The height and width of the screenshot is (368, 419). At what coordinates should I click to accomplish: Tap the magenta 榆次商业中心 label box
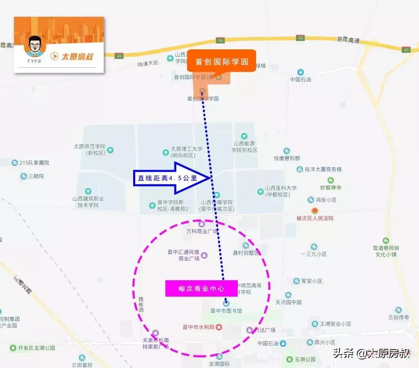(201, 288)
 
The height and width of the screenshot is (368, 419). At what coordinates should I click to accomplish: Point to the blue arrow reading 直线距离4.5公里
(172, 178)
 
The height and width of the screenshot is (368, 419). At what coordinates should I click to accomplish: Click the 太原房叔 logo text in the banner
(77, 56)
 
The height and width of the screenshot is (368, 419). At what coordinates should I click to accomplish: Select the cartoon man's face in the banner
(35, 46)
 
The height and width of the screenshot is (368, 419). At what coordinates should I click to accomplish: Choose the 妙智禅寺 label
(330, 188)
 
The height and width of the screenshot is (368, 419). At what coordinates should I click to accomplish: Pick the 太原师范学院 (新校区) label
(89, 150)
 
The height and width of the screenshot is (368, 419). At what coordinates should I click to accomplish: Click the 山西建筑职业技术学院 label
(88, 202)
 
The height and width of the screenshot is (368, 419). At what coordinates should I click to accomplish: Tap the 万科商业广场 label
(202, 231)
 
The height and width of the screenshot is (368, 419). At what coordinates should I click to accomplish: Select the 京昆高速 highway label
(348, 40)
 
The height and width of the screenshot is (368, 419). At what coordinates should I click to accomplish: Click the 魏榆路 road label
(141, 304)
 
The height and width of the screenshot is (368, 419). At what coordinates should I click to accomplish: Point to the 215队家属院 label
(34, 163)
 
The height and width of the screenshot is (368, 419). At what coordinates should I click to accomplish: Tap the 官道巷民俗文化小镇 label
(386, 251)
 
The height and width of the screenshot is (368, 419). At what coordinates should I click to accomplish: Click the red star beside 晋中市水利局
(219, 327)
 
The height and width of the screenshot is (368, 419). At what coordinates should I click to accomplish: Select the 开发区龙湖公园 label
(37, 348)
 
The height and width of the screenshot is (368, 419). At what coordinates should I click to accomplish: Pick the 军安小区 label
(312, 281)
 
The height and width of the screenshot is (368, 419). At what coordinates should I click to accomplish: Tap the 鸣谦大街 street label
(147, 64)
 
